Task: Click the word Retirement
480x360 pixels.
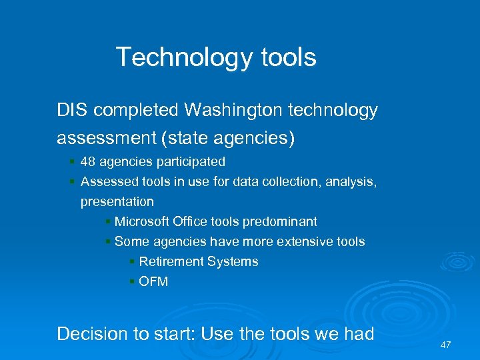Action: pyautogui.click(x=171, y=261)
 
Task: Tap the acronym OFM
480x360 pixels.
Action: pyautogui.click(x=153, y=281)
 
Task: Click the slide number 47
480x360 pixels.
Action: pyautogui.click(x=446, y=345)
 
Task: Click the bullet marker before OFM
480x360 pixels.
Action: pyautogui.click(x=132, y=282)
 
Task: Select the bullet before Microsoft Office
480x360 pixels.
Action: pyautogui.click(x=108, y=222)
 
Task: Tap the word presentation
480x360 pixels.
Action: pyautogui.click(x=117, y=201)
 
